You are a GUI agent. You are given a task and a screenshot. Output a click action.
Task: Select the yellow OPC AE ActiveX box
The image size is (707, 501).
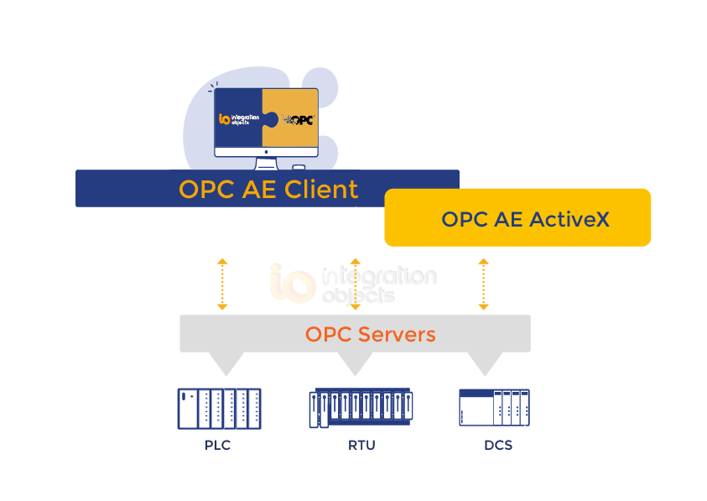517,217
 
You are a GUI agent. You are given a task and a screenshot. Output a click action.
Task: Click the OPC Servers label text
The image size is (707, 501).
370,334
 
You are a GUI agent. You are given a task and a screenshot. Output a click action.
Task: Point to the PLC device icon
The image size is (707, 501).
219,409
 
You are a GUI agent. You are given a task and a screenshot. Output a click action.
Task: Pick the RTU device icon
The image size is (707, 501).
361,409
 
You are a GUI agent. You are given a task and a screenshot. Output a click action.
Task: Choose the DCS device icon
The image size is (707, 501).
494,408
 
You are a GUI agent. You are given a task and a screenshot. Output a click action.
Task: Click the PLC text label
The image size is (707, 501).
217,446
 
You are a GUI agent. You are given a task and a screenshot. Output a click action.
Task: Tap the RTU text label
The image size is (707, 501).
361,446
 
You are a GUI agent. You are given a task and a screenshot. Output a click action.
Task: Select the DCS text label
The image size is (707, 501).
497,446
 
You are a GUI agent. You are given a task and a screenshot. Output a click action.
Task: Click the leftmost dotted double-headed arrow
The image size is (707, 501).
222,284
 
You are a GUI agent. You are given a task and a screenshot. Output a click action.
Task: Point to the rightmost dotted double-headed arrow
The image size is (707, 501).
483,284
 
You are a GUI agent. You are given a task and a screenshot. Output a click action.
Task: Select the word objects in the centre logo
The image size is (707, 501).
357,296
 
